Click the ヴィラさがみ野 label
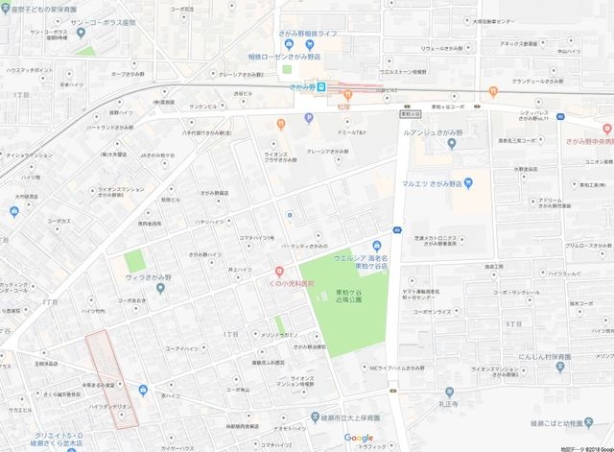tap(145, 283)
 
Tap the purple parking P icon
tap(309, 119)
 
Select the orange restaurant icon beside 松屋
tap(279, 122)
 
